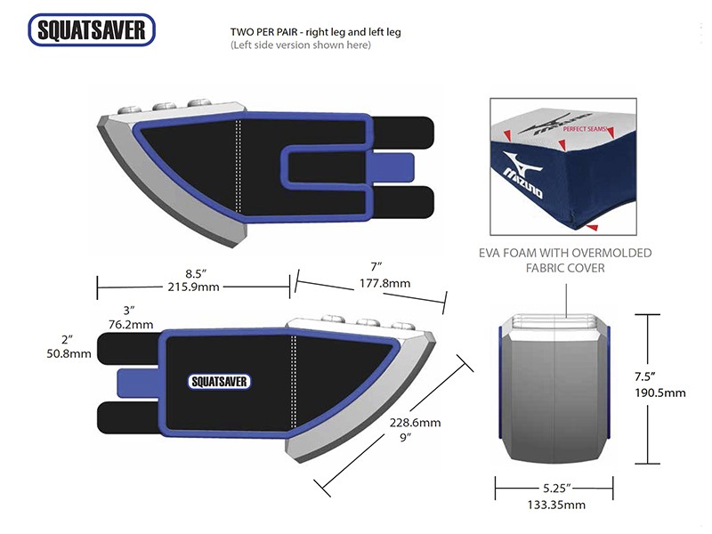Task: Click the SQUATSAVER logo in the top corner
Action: coord(93,30)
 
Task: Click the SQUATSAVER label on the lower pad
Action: coord(219,381)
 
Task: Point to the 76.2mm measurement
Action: coord(130,325)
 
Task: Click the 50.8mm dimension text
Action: coord(69,353)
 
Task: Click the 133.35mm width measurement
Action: coord(555,505)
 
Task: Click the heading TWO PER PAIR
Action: coord(264,32)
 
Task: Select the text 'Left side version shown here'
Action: coord(300,45)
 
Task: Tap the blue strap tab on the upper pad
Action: coord(401,166)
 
